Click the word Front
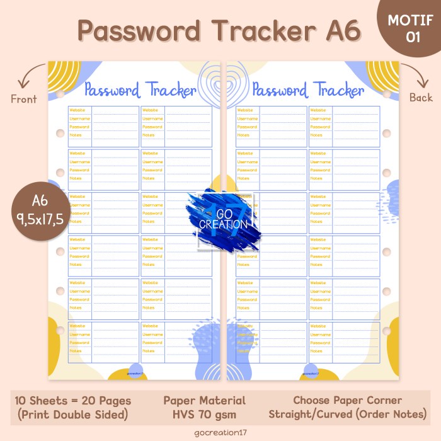[x=24, y=99]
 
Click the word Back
[x=421, y=98]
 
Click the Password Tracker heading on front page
[x=140, y=90]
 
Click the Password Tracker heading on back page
[x=307, y=90]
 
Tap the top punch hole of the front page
[x=60, y=94]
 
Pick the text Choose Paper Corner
[x=347, y=401]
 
